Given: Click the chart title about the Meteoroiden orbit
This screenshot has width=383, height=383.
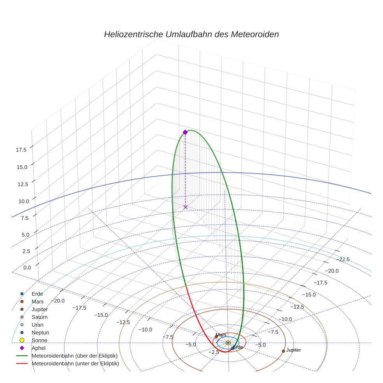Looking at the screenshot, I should [x=191, y=34].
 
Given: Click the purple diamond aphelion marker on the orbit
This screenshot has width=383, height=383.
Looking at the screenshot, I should [x=185, y=132].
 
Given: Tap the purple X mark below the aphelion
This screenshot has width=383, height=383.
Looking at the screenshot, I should [x=185, y=207].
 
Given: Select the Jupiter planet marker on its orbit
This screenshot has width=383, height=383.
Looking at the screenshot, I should [x=283, y=351].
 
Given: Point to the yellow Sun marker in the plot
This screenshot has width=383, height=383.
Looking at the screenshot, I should [x=228, y=343].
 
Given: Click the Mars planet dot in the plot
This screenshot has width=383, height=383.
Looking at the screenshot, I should [x=216, y=337].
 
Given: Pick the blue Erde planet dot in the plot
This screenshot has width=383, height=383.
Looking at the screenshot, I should [x=232, y=348].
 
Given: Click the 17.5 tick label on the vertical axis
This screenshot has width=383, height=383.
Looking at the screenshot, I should [x=21, y=150].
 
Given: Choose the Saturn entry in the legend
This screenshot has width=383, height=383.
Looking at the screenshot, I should [x=39, y=317].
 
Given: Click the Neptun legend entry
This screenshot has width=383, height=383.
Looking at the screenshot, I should [x=40, y=333].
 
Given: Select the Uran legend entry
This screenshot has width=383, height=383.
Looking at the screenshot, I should [x=37, y=325].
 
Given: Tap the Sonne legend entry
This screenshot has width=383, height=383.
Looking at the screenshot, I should [x=39, y=341].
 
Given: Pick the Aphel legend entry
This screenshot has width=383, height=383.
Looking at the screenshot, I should [x=38, y=348].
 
